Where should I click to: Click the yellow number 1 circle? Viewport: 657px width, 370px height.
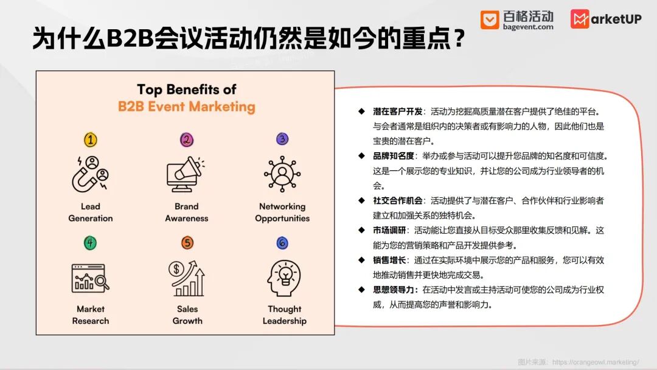pyautogui.click(x=91, y=139)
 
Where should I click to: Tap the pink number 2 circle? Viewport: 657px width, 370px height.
pyautogui.click(x=187, y=139)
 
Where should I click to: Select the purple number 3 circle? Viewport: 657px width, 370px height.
pyautogui.click(x=282, y=139)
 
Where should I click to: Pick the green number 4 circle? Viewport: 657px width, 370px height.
pyautogui.click(x=90, y=243)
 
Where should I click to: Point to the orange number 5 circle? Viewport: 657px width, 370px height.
pyautogui.click(x=187, y=243)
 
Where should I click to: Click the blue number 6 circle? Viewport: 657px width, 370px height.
pyautogui.click(x=282, y=243)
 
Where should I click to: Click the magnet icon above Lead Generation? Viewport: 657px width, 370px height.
pyautogui.click(x=90, y=174)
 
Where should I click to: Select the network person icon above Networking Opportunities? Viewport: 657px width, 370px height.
pyautogui.click(x=282, y=174)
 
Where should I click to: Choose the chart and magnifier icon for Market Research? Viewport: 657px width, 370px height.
pyautogui.click(x=91, y=278)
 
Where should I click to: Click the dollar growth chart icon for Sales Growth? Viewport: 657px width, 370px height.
pyautogui.click(x=187, y=278)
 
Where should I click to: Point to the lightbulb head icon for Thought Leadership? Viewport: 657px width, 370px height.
pyautogui.click(x=284, y=278)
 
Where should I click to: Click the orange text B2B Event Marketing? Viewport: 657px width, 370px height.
pyautogui.click(x=187, y=106)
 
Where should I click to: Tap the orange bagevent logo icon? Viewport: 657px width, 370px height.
pyautogui.click(x=489, y=19)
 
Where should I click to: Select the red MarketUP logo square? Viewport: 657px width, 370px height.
pyautogui.click(x=580, y=19)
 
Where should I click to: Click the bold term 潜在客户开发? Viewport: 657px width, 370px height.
pyautogui.click(x=398, y=111)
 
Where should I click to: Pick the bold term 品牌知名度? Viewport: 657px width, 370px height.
pyautogui.click(x=394, y=156)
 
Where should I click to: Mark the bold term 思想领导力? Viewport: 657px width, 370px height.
pyautogui.click(x=394, y=290)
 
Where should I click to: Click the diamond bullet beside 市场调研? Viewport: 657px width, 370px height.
pyautogui.click(x=361, y=230)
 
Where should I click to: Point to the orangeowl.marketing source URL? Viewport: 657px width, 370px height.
pyautogui.click(x=596, y=362)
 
